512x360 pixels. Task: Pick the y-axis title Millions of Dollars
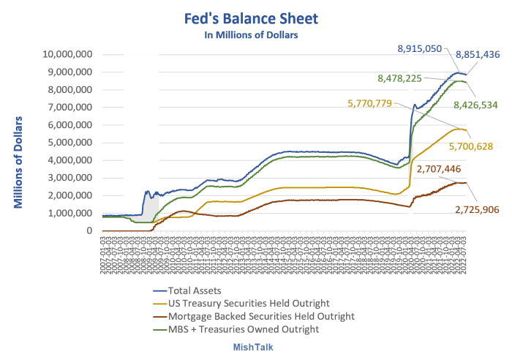[20, 162]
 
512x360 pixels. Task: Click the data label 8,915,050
[419, 48]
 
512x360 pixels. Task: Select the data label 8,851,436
[477, 54]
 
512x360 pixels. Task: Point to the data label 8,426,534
[475, 105]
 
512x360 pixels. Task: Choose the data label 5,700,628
[470, 146]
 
